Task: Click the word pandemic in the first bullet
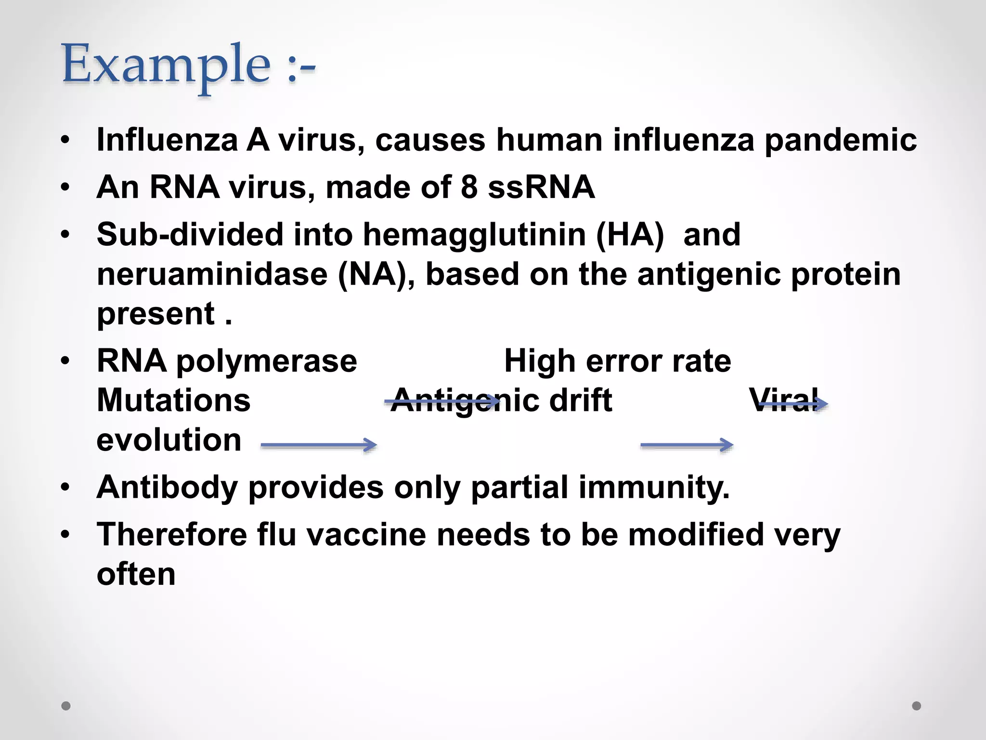840,140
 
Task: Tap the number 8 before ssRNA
469,187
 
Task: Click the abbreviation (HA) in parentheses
630,235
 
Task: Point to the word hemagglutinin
474,235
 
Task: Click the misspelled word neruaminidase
212,274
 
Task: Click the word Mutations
173,400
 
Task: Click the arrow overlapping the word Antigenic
442,401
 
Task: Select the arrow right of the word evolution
318,445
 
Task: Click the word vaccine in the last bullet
366,535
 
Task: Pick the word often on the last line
136,574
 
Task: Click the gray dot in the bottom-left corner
66,706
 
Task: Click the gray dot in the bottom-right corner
917,706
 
